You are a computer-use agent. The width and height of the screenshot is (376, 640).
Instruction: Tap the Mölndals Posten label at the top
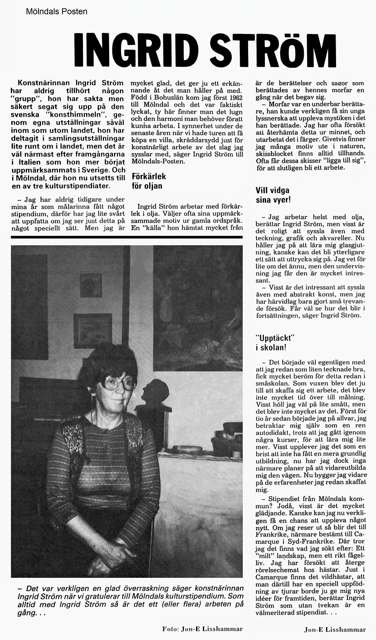pos(57,12)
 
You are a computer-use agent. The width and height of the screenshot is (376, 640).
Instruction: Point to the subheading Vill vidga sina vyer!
pos(272,195)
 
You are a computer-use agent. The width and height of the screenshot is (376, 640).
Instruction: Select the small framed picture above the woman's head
pos(91,286)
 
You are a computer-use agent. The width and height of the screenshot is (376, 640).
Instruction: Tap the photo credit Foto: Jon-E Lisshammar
pos(202,629)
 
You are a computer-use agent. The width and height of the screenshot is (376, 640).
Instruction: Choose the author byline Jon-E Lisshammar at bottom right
pos(335,630)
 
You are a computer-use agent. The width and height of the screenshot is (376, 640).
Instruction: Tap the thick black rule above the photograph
pos(127,237)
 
